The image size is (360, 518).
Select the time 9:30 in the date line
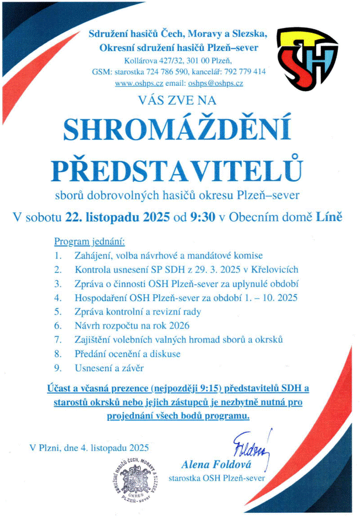(x=202, y=217)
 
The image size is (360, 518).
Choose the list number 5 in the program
(x=57, y=312)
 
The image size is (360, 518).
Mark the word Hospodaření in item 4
(x=99, y=298)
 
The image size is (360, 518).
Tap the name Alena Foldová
(x=215, y=466)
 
